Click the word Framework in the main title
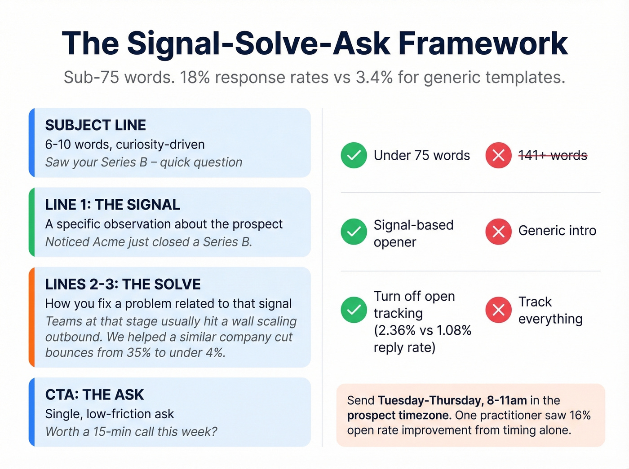coord(483,44)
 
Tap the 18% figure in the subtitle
coord(195,78)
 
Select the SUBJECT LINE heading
coord(95,125)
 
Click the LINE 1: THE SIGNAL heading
coord(112,205)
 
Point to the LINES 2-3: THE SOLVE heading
coord(123,284)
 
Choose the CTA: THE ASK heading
coord(94,394)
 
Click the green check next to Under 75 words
coord(354,155)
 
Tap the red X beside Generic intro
coord(498,232)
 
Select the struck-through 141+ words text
coord(553,155)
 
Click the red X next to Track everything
coord(498,310)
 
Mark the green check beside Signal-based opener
coord(354,232)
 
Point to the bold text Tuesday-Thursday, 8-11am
coord(452,400)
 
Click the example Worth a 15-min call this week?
coord(131,432)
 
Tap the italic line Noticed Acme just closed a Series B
coord(148,242)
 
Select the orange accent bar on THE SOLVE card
coord(31,317)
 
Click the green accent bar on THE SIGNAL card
coord(31,222)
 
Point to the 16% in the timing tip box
coord(580,415)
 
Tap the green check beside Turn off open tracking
coord(354,310)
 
